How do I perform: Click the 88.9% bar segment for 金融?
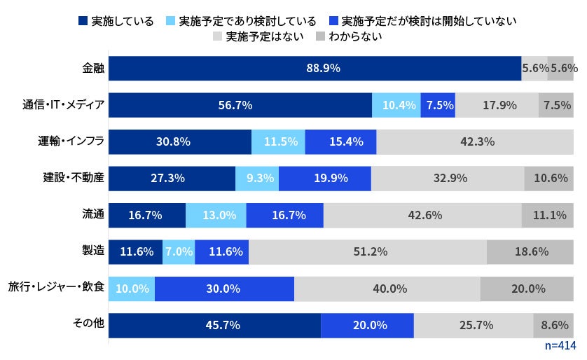coord(314,69)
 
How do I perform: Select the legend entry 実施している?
coord(116,20)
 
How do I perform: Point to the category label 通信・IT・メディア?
coord(63,105)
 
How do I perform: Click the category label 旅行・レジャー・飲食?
coord(56,288)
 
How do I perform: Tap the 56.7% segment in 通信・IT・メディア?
coord(240,105)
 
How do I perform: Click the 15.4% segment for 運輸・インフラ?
coord(340,141)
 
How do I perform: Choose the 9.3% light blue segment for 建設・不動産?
coord(256,178)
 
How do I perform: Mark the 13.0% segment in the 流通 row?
coord(216,215)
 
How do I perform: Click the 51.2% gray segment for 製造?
coord(368,251)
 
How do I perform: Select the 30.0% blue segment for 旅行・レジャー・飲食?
coord(224,288)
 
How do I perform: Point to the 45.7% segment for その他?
coord(214,325)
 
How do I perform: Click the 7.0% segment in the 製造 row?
coord(179,251)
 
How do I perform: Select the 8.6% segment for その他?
coord(553,325)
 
